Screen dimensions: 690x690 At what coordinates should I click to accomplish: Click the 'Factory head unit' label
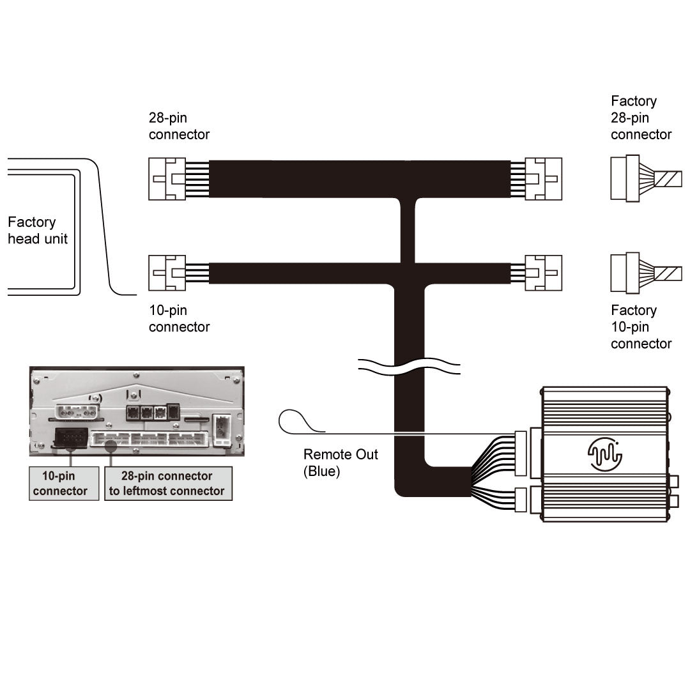pyautogui.click(x=38, y=231)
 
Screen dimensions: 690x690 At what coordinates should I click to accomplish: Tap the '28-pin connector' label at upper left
pyautogui.click(x=179, y=126)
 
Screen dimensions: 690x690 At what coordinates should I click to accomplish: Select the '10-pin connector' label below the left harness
pyautogui.click(x=179, y=318)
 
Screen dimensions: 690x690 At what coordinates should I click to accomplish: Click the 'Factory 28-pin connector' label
pyautogui.click(x=641, y=118)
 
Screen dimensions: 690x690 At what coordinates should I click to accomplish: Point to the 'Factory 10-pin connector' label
pyautogui.click(x=641, y=326)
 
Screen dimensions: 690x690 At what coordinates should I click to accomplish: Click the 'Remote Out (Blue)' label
pyautogui.click(x=341, y=463)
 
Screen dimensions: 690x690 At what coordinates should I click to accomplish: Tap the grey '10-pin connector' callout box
pyautogui.click(x=64, y=483)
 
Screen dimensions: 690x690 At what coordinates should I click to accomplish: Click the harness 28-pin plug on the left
pyautogui.click(x=167, y=179)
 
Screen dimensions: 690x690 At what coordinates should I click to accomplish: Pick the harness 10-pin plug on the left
pyautogui.click(x=167, y=273)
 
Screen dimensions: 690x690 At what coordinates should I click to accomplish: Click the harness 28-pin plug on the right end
pyautogui.click(x=544, y=179)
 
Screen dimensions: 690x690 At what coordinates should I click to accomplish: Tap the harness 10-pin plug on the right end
pyautogui.click(x=544, y=273)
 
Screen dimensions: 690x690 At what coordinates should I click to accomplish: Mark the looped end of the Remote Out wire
pyautogui.click(x=293, y=422)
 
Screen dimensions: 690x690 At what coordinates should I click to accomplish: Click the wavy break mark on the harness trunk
pyautogui.click(x=409, y=369)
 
